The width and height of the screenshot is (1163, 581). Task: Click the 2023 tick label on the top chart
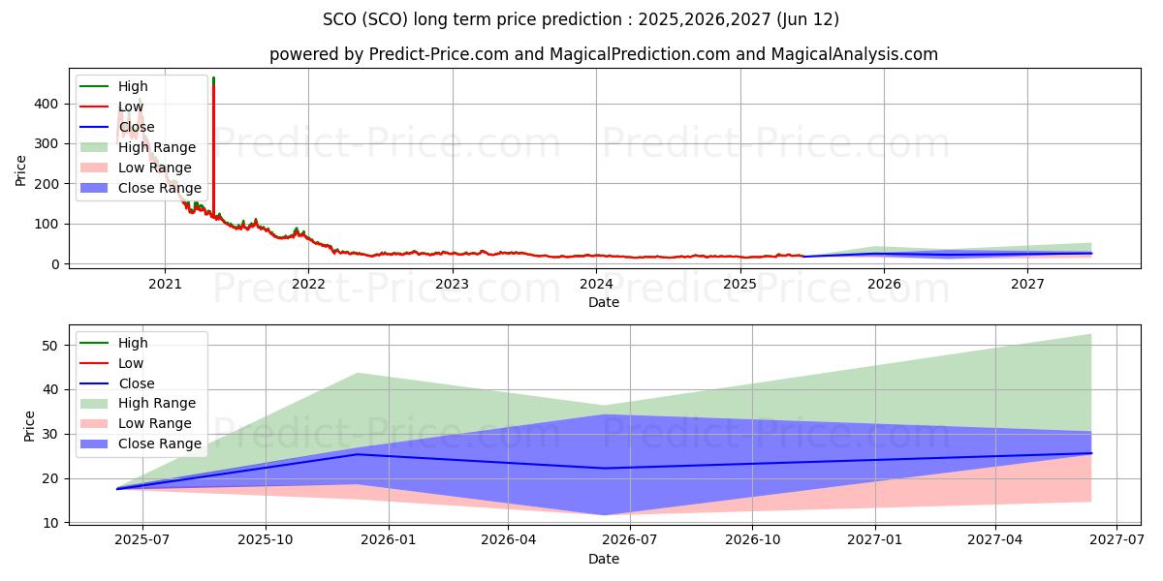click(x=453, y=284)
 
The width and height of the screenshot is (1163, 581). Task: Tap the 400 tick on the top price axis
click(x=50, y=104)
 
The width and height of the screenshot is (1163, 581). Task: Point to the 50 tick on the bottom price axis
click(x=54, y=346)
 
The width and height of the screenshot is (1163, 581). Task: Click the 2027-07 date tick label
click(x=1116, y=539)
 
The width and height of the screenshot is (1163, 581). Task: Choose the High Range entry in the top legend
click(x=157, y=147)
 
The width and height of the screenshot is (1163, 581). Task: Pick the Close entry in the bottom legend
click(x=136, y=383)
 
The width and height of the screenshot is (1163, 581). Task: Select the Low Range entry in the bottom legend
click(x=155, y=423)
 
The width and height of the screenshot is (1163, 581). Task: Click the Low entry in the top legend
click(x=131, y=107)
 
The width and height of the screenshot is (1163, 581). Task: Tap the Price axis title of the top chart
click(x=21, y=169)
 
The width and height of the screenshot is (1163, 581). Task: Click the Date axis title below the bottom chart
click(x=603, y=559)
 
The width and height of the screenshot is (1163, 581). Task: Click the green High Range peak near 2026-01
click(x=358, y=374)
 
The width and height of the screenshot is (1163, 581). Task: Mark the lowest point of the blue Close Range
click(x=605, y=514)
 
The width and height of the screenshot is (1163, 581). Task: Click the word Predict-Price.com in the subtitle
click(x=439, y=54)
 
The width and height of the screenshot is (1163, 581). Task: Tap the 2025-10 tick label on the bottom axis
click(x=266, y=539)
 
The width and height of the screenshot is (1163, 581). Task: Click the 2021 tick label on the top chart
click(x=165, y=284)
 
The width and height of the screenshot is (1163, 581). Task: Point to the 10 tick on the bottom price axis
click(x=54, y=523)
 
